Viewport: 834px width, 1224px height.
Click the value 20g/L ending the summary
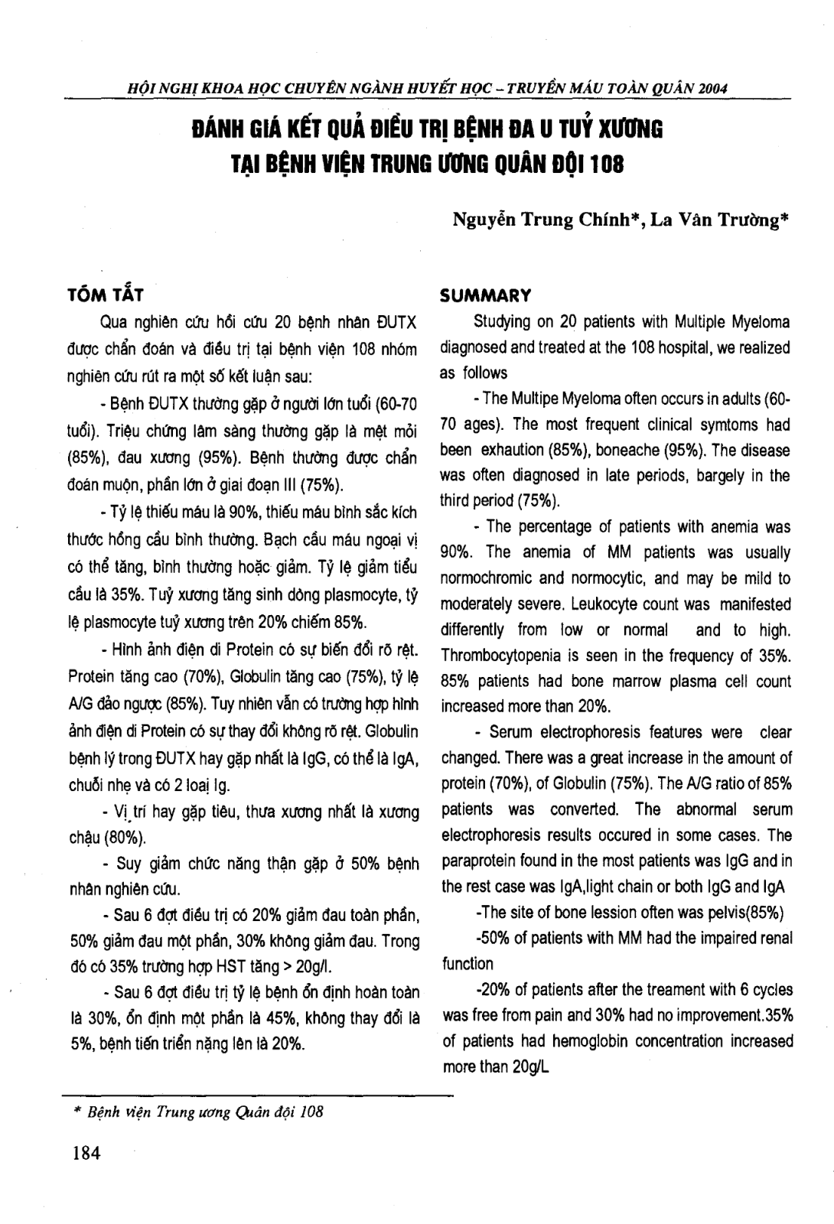click(520, 1067)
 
